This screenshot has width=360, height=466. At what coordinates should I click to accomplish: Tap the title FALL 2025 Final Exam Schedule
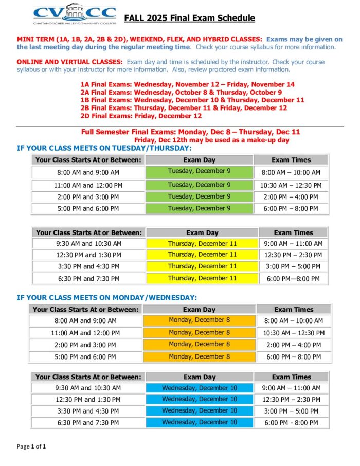189,19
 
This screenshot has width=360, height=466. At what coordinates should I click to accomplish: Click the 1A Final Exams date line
187,84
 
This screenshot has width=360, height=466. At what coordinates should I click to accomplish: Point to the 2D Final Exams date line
140,116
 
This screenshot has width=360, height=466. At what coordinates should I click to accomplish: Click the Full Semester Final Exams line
190,132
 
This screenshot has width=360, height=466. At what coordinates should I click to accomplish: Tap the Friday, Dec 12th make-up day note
211,140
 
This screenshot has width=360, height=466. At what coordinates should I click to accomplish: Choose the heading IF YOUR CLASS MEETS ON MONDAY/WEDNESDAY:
106,298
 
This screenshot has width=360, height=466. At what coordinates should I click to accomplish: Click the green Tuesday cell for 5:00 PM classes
199,208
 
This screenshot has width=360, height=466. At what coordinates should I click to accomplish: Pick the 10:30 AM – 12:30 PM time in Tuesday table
291,185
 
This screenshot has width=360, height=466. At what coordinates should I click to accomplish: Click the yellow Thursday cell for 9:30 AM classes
202,243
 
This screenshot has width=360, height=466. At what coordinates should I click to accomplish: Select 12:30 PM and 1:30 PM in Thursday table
88,255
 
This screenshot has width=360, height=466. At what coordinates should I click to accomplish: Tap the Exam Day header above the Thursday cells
202,232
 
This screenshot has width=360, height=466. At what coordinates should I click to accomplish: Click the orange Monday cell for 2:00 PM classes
199,344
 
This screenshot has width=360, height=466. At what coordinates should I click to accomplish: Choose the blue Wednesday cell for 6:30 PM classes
200,422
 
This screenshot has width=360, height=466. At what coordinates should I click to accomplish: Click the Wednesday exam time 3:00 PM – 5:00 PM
291,411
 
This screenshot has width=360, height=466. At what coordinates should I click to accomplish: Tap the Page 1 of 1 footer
31,446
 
